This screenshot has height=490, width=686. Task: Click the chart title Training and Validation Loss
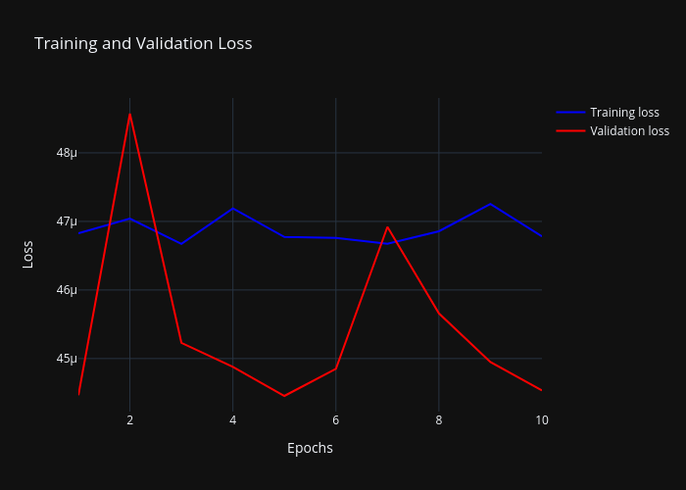point(143,43)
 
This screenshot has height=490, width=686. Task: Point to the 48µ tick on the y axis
point(67,153)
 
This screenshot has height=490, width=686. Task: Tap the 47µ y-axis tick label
point(67,221)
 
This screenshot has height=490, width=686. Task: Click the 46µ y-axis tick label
point(67,290)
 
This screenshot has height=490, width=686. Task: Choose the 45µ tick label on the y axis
point(67,359)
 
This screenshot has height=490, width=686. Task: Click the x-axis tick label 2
point(129,420)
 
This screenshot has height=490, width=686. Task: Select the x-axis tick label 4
point(232,420)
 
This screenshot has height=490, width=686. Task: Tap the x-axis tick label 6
point(335,420)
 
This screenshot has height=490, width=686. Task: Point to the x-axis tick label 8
point(439,420)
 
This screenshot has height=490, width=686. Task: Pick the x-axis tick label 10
point(541,420)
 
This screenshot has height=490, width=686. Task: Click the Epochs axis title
point(310,448)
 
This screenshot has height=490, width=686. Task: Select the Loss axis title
point(27,255)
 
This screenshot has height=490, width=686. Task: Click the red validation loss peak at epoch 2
point(129,114)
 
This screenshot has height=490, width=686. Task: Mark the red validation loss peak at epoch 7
point(387,226)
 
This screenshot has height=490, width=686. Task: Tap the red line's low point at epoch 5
point(284,396)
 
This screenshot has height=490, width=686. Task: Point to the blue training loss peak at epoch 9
point(490,204)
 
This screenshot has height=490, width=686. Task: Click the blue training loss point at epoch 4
point(232,208)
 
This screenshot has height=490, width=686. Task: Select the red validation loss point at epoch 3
point(181,342)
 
